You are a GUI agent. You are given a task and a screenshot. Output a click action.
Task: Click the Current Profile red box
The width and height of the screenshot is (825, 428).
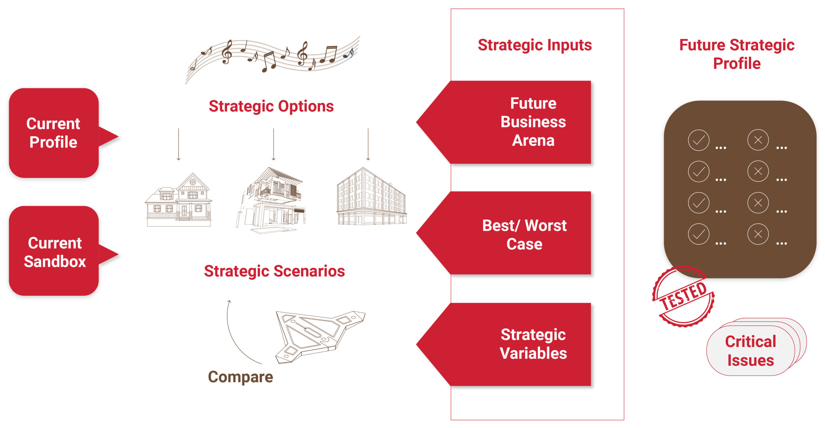pos(54,133)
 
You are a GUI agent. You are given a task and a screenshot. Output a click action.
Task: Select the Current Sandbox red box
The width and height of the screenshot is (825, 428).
pos(54,251)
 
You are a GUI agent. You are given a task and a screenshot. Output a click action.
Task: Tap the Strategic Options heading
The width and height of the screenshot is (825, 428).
pos(271,106)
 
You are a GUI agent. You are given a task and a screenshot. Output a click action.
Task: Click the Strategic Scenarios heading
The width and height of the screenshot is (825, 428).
pos(274,271)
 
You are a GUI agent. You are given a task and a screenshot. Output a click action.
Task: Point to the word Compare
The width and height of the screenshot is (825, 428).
pos(240,377)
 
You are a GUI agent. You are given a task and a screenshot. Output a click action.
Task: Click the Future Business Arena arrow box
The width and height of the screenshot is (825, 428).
pos(504,122)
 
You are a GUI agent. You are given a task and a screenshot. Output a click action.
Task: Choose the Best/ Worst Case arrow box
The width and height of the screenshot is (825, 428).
pos(504,233)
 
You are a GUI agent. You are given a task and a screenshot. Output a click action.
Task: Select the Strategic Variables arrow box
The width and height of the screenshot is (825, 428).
pos(504,344)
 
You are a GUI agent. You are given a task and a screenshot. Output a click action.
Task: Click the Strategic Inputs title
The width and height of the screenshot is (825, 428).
pos(535,45)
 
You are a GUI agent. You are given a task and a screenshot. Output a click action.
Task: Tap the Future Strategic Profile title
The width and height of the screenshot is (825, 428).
pos(737,54)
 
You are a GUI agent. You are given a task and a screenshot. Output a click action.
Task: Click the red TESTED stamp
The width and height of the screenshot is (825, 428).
pos(684,296)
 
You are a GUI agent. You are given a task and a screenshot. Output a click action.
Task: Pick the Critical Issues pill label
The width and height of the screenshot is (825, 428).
pos(751,351)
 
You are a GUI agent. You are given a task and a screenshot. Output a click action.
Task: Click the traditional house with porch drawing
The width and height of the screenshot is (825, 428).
pos(179,200)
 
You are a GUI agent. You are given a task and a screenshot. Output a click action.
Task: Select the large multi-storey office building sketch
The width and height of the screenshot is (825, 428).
pos(372,196)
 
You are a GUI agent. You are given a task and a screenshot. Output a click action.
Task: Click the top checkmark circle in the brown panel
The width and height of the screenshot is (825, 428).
pos(698,140)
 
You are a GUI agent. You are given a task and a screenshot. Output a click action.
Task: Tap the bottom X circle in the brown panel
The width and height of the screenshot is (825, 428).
pos(758,234)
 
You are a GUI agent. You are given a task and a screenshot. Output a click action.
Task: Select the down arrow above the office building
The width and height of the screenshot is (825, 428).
pos(368,144)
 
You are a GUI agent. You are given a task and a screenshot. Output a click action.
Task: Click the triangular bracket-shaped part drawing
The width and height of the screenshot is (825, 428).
pos(320,336)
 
